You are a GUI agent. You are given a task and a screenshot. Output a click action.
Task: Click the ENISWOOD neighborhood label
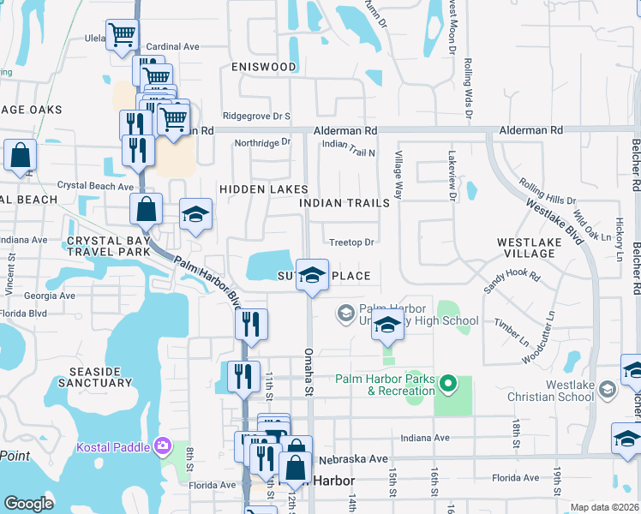click(263, 67)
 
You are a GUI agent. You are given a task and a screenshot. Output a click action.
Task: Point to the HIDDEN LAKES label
click(263, 188)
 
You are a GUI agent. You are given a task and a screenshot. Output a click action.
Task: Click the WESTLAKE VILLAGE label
click(530, 248)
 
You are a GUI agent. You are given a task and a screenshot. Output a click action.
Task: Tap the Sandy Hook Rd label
click(512, 283)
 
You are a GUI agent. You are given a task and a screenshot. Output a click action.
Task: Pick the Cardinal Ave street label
click(171, 46)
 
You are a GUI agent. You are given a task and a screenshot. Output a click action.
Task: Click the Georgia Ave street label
click(50, 295)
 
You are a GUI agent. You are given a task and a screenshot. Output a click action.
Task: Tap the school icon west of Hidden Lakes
click(195, 216)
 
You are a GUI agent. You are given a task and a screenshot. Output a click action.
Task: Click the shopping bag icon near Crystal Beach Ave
click(147, 208)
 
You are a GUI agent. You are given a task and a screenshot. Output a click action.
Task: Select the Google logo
click(29, 504)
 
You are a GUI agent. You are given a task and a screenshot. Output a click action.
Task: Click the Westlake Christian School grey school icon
click(608, 390)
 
